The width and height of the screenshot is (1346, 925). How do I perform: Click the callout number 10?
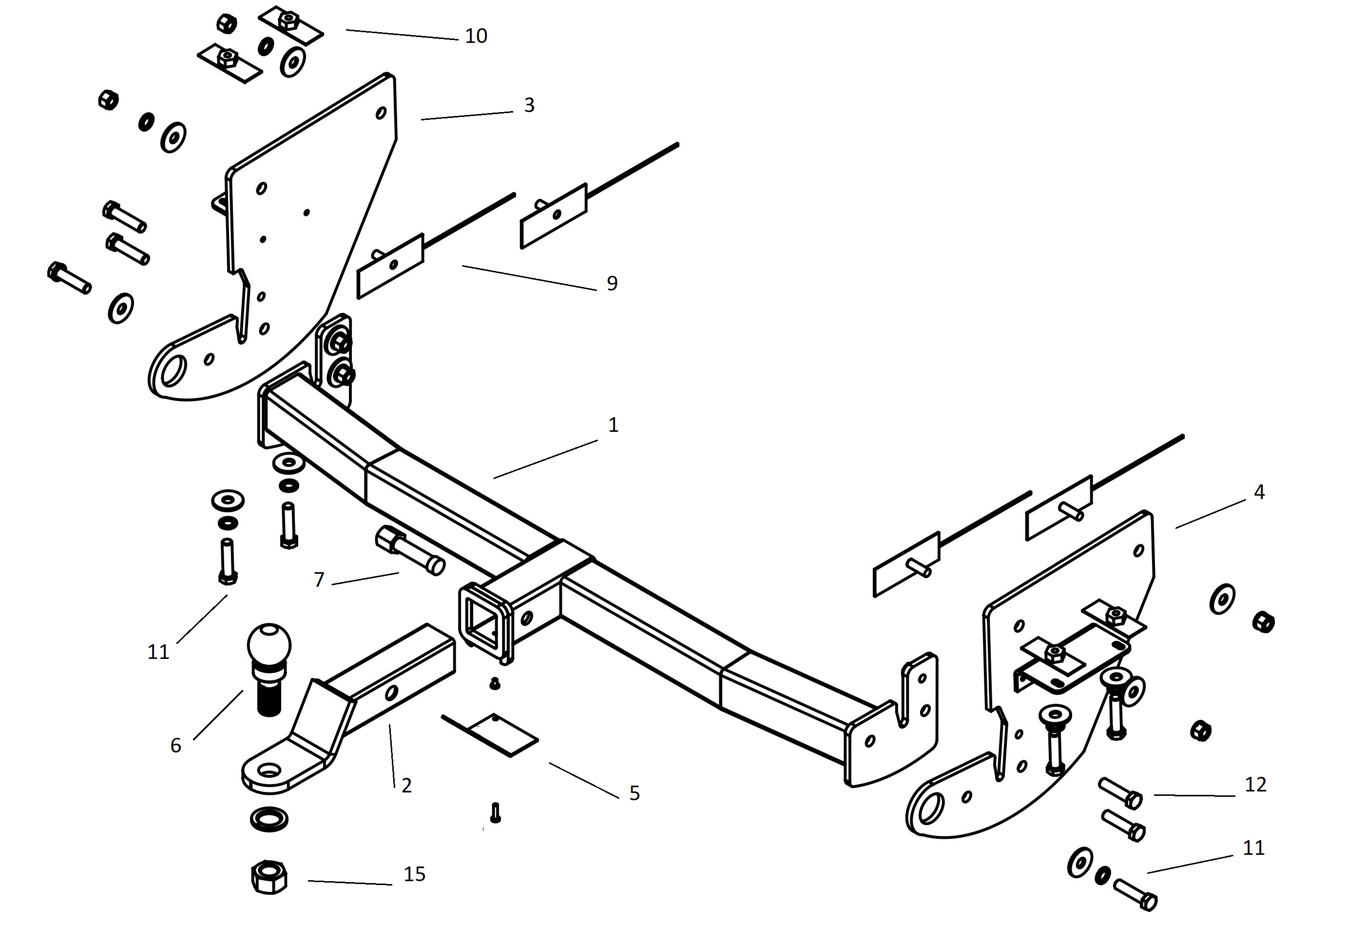click(x=476, y=36)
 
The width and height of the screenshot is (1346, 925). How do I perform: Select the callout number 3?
click(x=528, y=105)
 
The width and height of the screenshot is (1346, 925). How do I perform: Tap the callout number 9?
click(x=612, y=284)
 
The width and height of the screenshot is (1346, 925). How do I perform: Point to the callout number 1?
click(x=613, y=425)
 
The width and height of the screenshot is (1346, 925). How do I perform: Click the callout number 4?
click(x=1258, y=492)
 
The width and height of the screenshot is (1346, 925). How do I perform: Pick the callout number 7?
click(x=319, y=579)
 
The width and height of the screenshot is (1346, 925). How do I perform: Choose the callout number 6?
click(x=175, y=745)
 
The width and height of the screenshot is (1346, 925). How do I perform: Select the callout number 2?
click(x=406, y=785)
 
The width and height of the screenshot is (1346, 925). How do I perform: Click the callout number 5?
click(x=635, y=793)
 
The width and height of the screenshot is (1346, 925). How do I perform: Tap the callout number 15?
click(x=414, y=873)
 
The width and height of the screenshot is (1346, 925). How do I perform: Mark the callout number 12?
click(x=1255, y=784)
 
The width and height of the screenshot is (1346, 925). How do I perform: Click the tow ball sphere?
click(x=269, y=644)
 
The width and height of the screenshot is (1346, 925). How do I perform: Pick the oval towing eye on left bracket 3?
click(x=173, y=371)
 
